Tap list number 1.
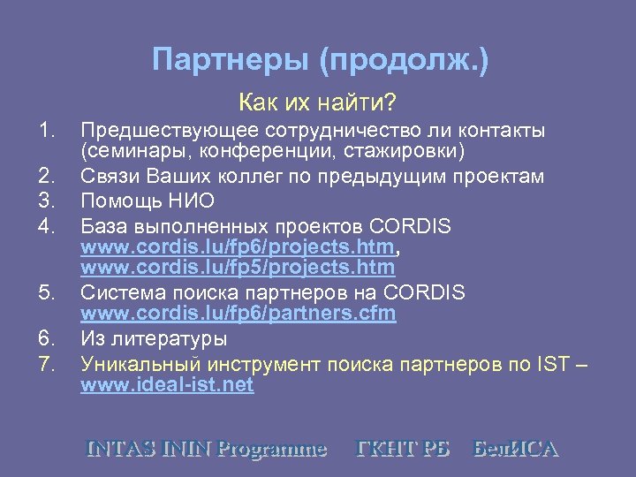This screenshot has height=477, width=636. pyautogui.click(x=48, y=131)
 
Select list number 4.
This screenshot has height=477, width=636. pyautogui.click(x=48, y=226)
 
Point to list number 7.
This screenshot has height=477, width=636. pyautogui.click(x=48, y=362)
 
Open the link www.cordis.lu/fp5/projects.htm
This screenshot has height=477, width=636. pyautogui.click(x=237, y=267)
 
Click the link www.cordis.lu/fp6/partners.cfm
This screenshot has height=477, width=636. pyautogui.click(x=238, y=313)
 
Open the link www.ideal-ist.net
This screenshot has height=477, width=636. pyautogui.click(x=167, y=385)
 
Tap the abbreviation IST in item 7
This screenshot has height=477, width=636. pyautogui.click(x=549, y=362)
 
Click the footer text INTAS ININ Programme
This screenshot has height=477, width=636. pyautogui.click(x=206, y=448)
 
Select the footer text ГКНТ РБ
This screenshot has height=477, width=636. pyautogui.click(x=402, y=448)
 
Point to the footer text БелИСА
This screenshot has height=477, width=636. pyautogui.click(x=516, y=448)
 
